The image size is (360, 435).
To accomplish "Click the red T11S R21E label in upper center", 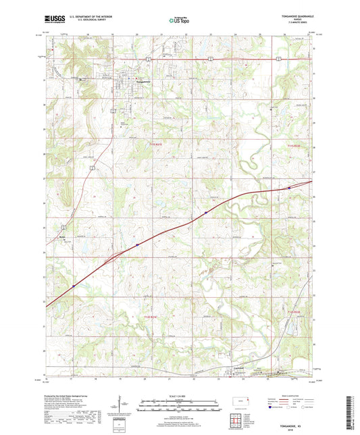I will pyautogui.click(x=155, y=143).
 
